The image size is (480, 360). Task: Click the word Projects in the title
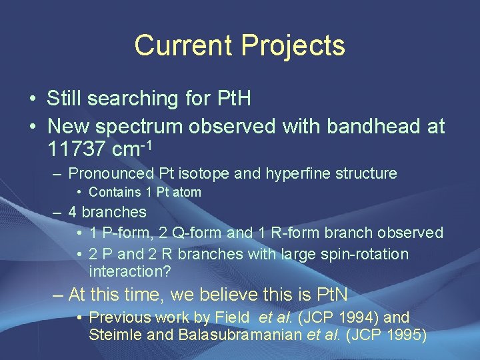(293, 45)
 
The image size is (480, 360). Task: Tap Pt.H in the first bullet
(235, 99)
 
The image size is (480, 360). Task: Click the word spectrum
(147, 125)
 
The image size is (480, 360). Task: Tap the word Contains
(115, 193)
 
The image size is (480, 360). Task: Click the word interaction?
(129, 271)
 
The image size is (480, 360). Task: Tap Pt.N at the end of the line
(327, 295)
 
